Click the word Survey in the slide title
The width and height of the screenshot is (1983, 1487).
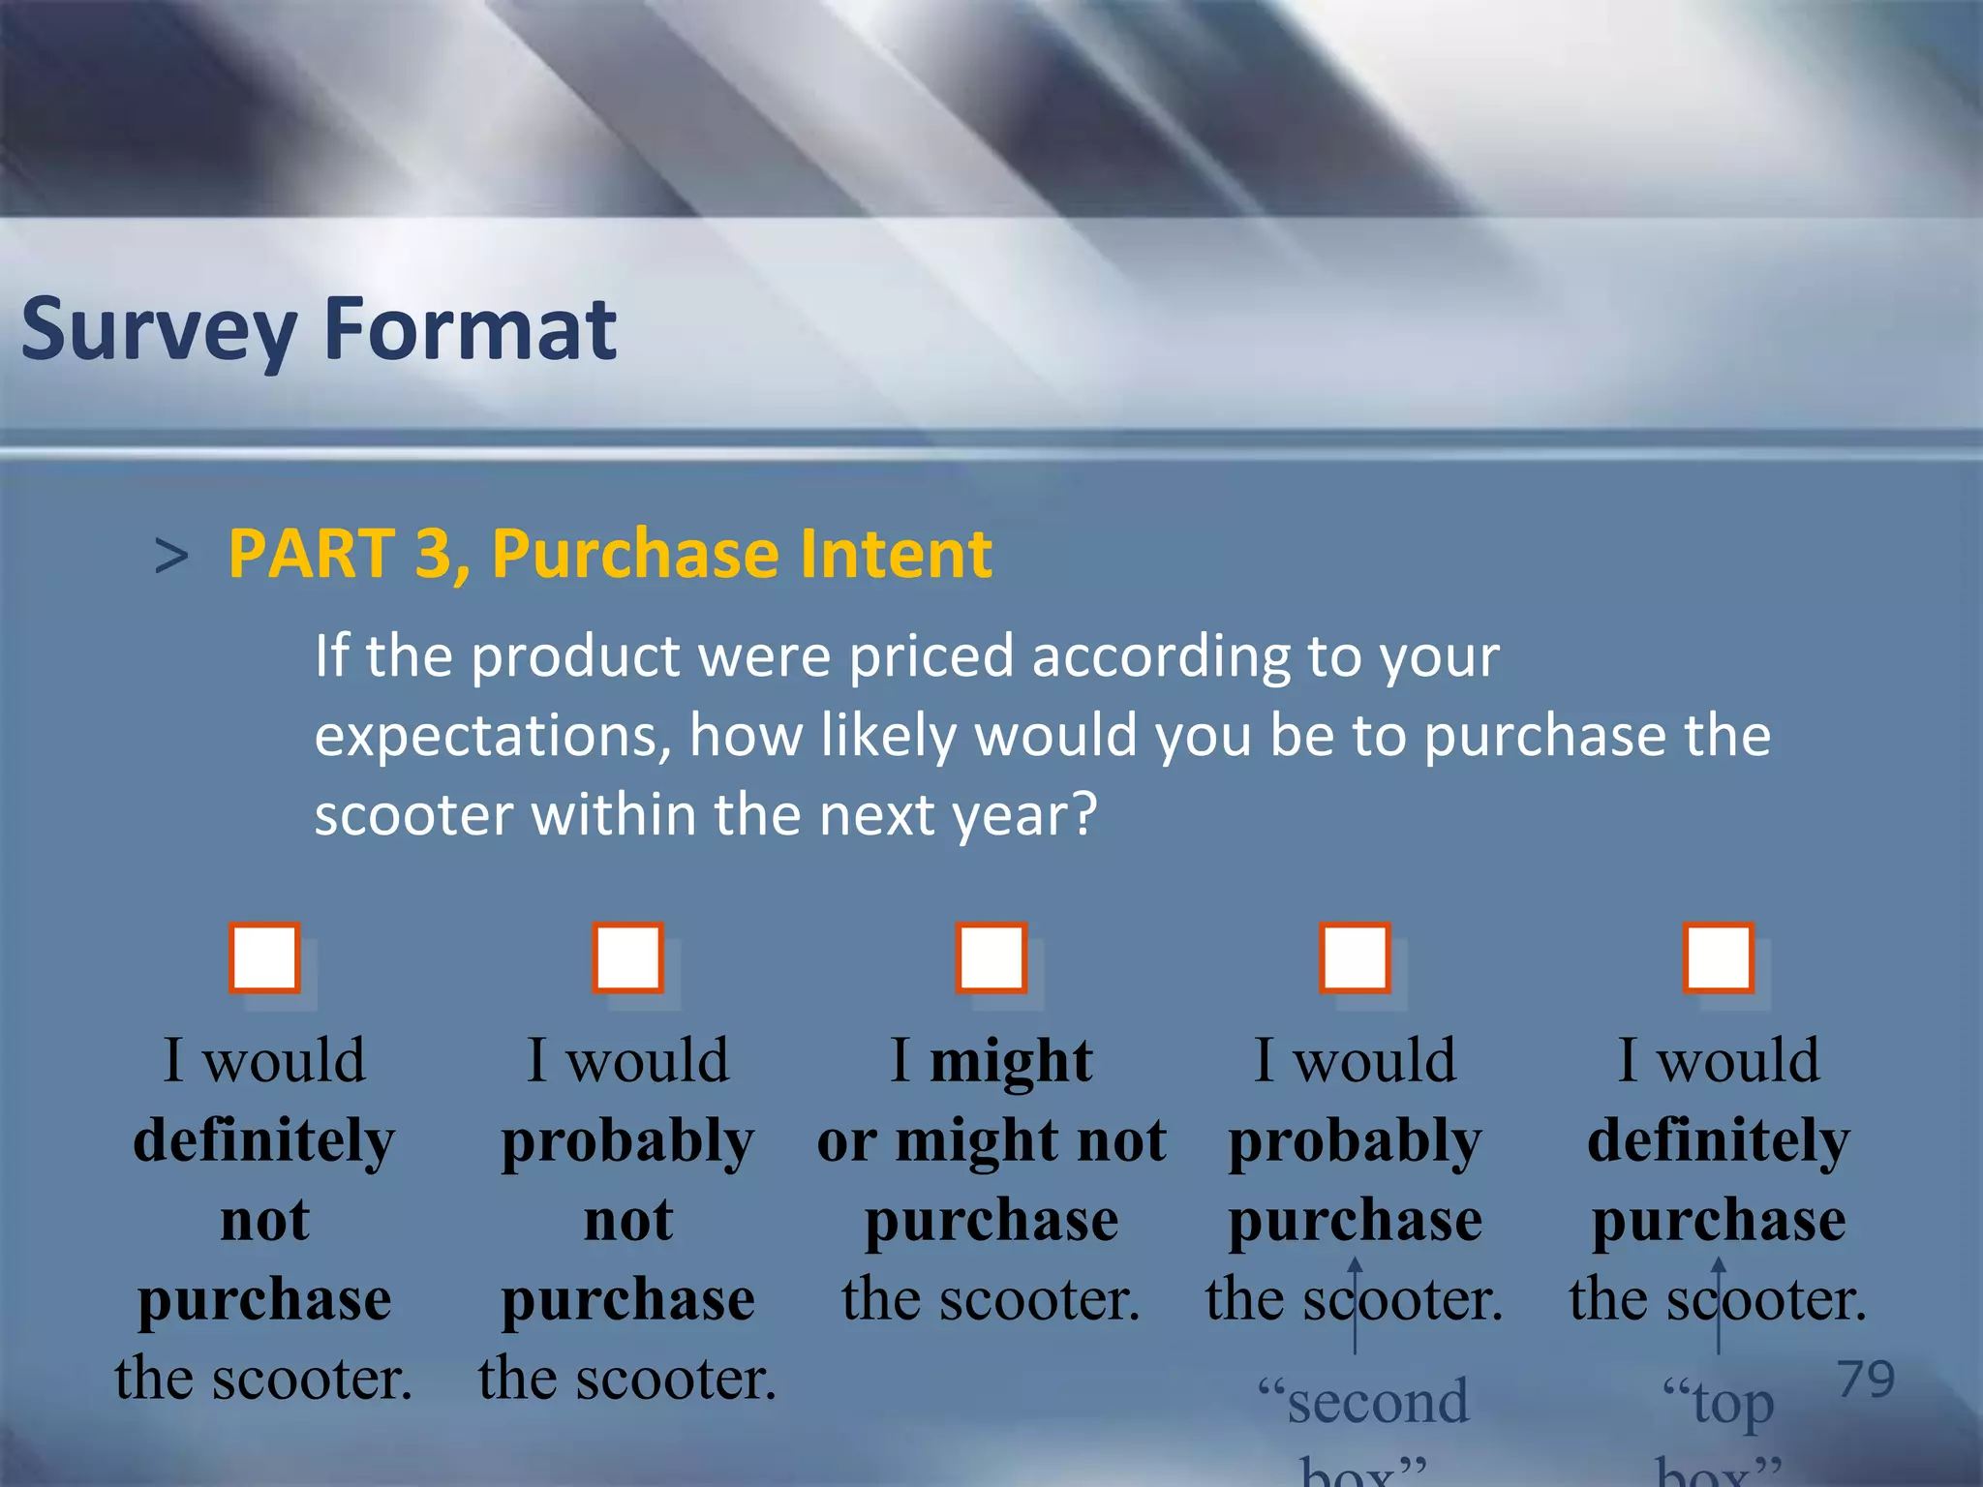tap(159, 330)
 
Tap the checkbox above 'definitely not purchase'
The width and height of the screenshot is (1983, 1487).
tap(264, 958)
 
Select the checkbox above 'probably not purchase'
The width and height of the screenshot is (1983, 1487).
tap(628, 958)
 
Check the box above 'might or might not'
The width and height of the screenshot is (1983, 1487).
tap(991, 958)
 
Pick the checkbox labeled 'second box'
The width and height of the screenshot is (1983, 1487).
tap(1355, 958)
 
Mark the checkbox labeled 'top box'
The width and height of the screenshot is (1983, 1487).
tap(1719, 958)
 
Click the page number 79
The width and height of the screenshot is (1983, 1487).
tap(1866, 1379)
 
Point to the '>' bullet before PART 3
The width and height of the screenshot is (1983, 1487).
tap(171, 557)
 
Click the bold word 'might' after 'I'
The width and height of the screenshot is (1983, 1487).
tap(1011, 1061)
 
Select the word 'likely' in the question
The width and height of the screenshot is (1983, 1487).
tap(889, 737)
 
